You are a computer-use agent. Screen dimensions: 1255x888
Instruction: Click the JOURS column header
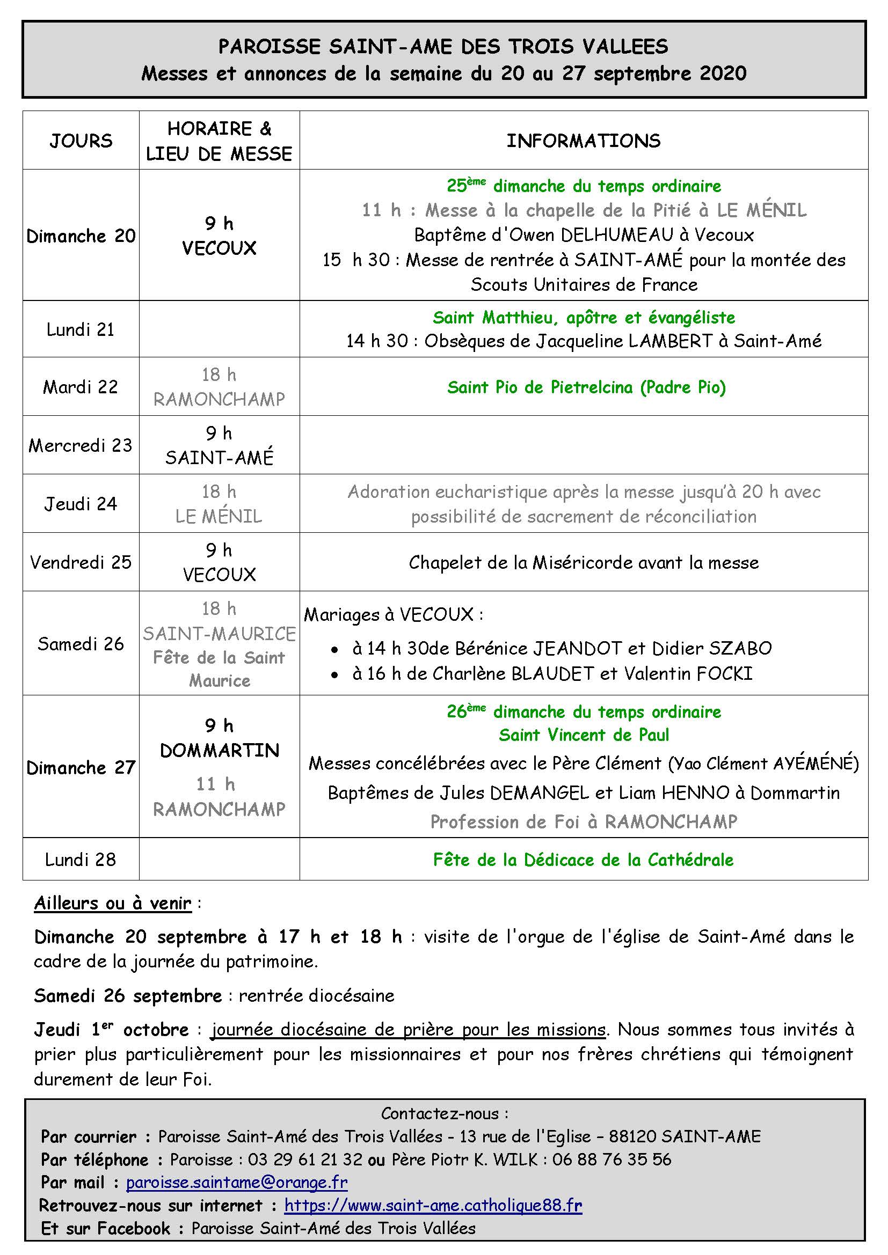click(81, 141)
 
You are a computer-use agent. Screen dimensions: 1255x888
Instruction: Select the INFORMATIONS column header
click(584, 141)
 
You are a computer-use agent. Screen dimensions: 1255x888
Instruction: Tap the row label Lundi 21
click(81, 329)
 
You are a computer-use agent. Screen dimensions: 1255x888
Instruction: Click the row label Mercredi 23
click(81, 445)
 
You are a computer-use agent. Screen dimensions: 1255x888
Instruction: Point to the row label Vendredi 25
click(81, 562)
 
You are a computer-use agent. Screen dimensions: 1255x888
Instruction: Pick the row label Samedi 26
click(81, 643)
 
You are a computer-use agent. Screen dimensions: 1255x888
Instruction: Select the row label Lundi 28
click(81, 860)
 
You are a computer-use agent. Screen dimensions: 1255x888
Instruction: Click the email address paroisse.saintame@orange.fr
click(237, 1183)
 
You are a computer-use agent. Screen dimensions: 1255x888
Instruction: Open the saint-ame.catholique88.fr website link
click(433, 1205)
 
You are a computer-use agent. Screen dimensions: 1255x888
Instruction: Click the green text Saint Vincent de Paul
click(584, 735)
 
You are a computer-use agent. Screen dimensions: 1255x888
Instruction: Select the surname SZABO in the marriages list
click(740, 648)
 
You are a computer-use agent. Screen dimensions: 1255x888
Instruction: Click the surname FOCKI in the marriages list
click(724, 673)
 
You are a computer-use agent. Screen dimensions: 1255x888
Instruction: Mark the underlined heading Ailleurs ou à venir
click(113, 904)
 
